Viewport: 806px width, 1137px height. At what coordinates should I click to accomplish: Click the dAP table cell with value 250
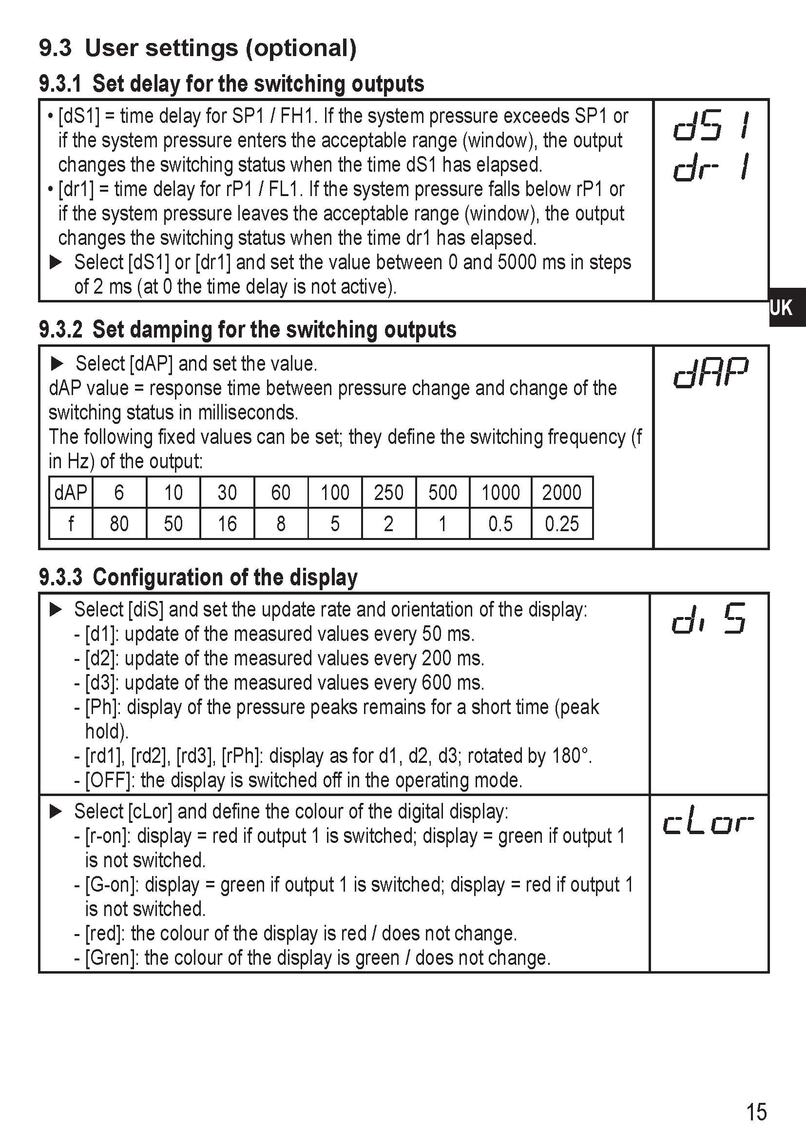(x=388, y=493)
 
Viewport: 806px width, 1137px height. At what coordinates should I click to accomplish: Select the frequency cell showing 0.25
(x=562, y=524)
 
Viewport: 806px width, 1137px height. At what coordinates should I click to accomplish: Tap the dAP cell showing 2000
(x=562, y=493)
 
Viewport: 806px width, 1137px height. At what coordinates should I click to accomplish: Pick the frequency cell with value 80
(x=119, y=524)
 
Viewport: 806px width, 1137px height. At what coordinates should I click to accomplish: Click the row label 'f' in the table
(x=71, y=524)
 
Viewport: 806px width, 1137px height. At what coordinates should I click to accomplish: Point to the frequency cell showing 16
(x=227, y=524)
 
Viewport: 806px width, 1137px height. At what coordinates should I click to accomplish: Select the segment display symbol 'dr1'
(x=711, y=167)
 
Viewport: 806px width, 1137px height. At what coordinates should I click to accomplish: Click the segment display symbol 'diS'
(x=709, y=619)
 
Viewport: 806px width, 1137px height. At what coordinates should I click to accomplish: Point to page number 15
(x=756, y=1111)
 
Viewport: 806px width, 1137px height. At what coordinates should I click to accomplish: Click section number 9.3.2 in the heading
(x=61, y=330)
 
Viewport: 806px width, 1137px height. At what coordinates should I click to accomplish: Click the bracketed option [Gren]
(x=112, y=957)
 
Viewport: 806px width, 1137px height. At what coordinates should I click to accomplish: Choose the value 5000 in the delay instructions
(x=517, y=262)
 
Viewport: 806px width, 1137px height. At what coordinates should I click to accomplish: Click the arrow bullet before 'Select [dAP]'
(x=58, y=364)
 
